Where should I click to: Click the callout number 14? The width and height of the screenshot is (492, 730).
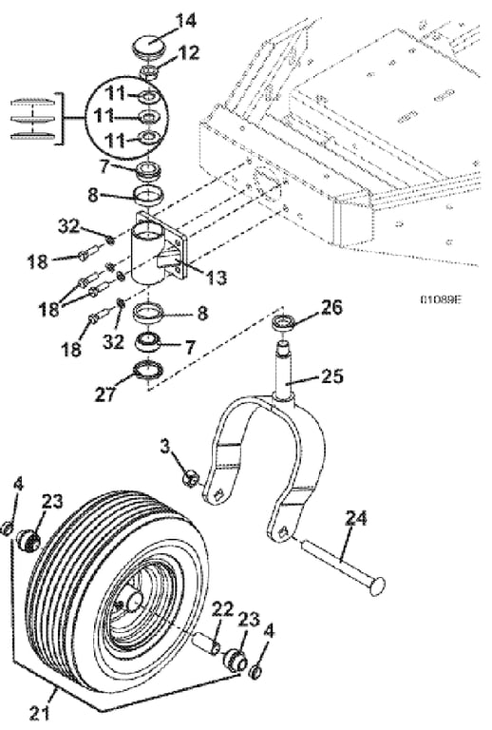[x=185, y=22]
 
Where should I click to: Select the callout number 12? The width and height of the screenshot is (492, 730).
[x=188, y=52]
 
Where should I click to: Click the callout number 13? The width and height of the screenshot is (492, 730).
[x=216, y=277]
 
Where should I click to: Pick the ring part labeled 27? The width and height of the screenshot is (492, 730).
[x=148, y=370]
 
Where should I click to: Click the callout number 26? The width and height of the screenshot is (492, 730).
[x=331, y=308]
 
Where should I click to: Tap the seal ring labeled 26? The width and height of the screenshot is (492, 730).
[x=283, y=321]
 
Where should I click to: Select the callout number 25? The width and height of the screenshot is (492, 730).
[x=331, y=376]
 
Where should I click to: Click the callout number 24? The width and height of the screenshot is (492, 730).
[x=356, y=518]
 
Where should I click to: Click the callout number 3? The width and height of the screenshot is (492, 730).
[x=165, y=447]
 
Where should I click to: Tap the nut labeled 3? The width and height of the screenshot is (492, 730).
[x=192, y=478]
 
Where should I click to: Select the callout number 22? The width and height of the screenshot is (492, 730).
[x=223, y=610]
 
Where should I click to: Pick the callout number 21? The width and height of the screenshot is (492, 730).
[x=40, y=713]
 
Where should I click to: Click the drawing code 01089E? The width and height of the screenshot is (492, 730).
[x=440, y=298]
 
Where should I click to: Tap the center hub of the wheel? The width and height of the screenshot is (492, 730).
[x=134, y=600]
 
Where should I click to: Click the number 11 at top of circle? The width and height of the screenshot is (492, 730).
[x=115, y=94]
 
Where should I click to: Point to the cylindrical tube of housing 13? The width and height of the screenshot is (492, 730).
[x=146, y=254]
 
